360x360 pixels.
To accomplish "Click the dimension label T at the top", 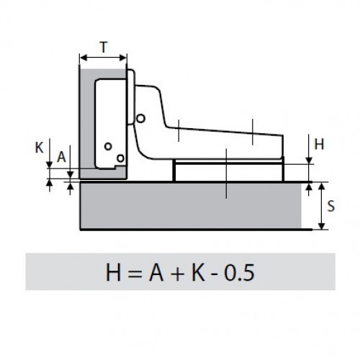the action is [104, 48].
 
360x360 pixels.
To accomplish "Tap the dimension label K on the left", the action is [39, 148].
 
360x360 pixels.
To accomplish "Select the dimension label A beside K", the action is [61, 157].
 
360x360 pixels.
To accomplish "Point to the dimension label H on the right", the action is [319, 144].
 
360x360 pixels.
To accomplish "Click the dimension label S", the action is [331, 206].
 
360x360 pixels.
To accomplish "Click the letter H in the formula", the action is [113, 273].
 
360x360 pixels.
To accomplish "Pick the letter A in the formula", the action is [156, 273].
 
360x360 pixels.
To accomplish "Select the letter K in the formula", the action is [198, 273].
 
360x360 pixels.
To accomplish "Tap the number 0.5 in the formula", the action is [239, 273].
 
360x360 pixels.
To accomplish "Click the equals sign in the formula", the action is [135, 274].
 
